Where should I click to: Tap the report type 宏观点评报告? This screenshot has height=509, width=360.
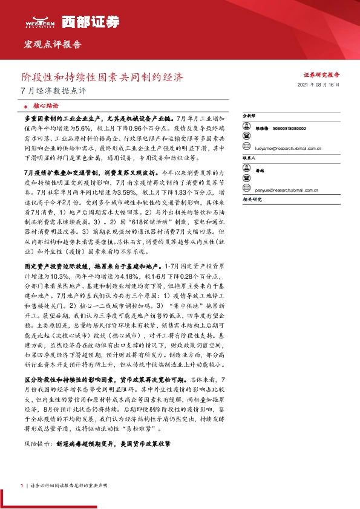(x=50, y=44)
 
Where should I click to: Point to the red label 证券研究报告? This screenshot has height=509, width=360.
(x=321, y=74)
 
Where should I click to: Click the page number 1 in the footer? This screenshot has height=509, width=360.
(x=22, y=485)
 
